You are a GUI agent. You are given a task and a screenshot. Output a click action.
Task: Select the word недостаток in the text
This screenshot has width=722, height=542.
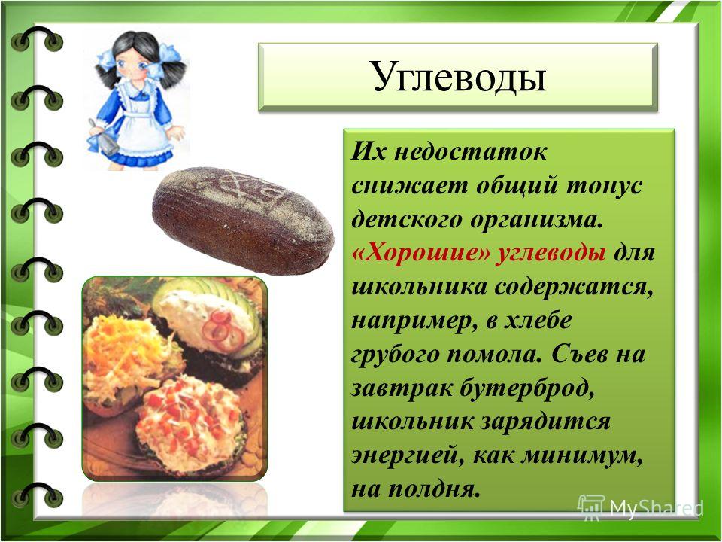click(x=470, y=152)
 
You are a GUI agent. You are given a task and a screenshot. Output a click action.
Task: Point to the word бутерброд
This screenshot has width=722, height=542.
click(x=526, y=388)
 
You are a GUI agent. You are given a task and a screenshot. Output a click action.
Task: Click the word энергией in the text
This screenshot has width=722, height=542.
click(x=404, y=456)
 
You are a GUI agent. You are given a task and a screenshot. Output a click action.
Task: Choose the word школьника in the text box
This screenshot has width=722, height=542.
click(x=419, y=287)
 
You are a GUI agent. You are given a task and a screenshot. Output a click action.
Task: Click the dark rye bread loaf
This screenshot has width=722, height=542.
click(x=243, y=221)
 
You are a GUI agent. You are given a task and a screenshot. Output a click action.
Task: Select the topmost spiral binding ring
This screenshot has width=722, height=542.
click(x=38, y=40)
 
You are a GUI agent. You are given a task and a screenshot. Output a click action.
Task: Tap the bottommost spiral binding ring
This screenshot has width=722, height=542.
click(x=38, y=495)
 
